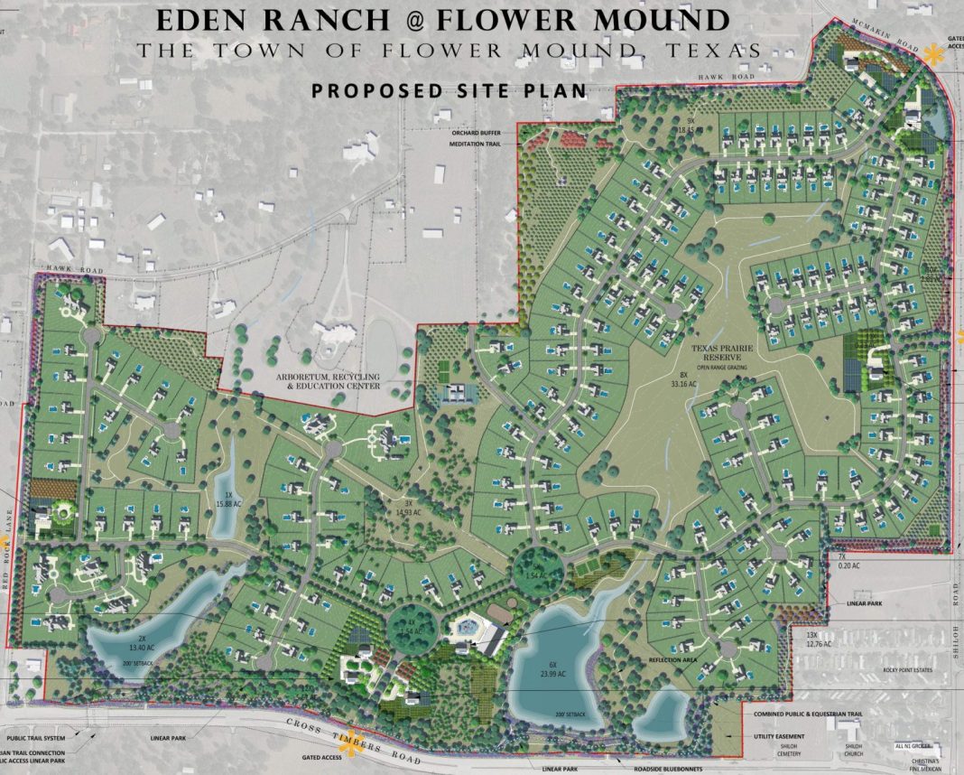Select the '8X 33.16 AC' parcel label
[x=680, y=379]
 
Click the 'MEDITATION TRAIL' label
[x=477, y=143]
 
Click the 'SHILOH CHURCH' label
[x=854, y=752]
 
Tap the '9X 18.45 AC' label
[x=692, y=126]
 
